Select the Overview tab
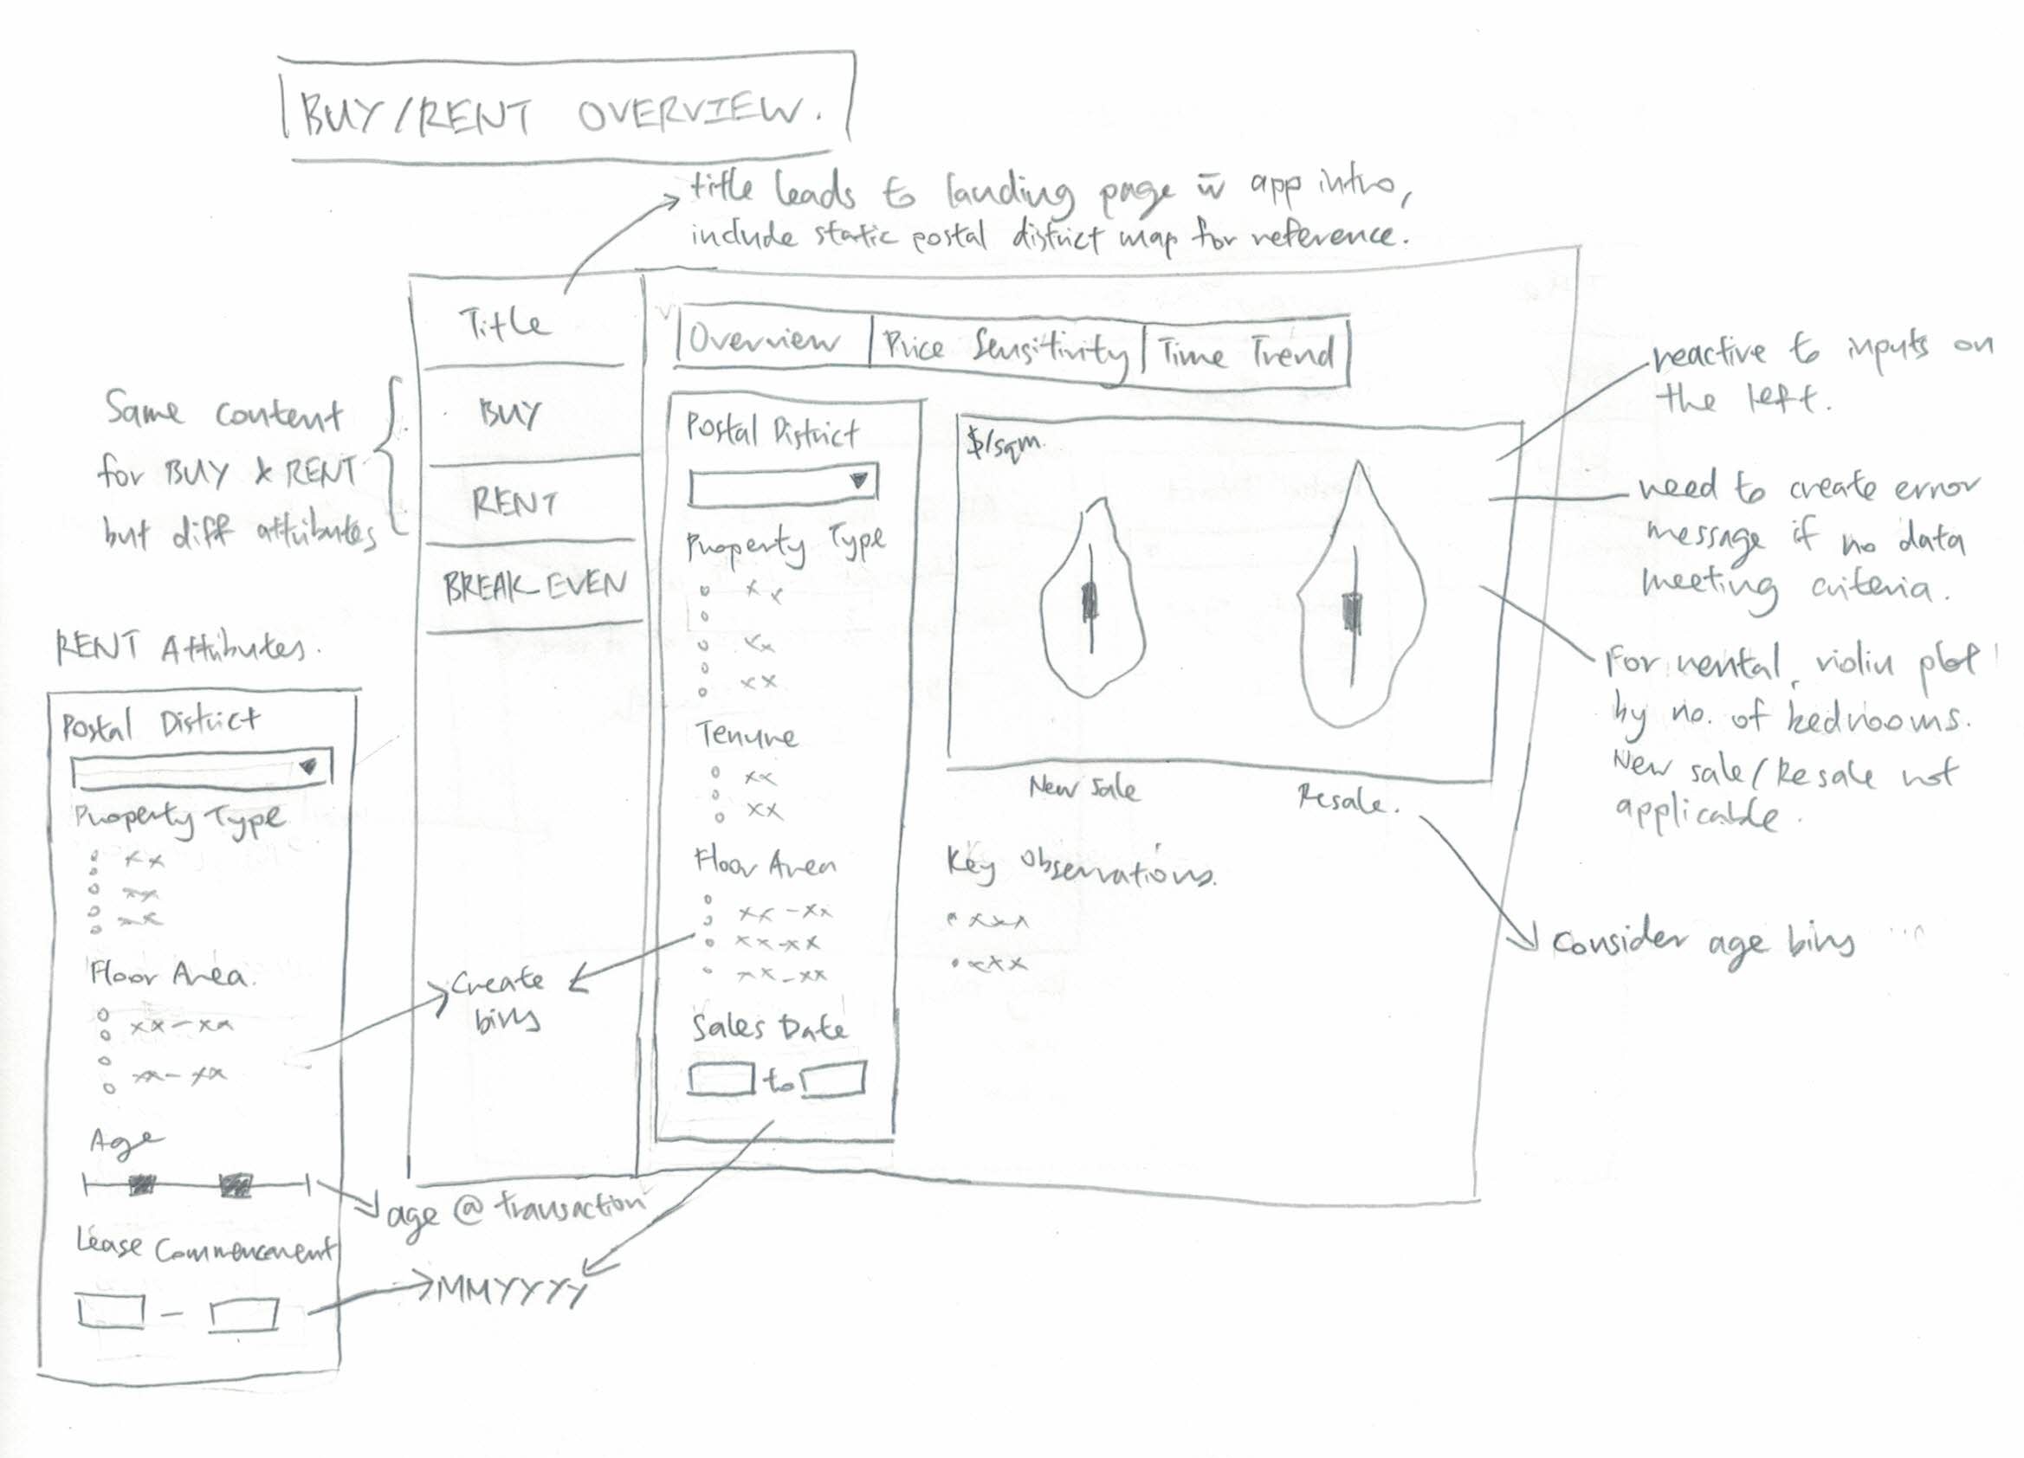764,342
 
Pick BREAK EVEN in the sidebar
535,586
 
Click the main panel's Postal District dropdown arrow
858,481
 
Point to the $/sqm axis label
1003,445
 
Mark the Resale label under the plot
1343,799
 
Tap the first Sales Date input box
721,1078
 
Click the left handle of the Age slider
141,1186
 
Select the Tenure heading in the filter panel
746,735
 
